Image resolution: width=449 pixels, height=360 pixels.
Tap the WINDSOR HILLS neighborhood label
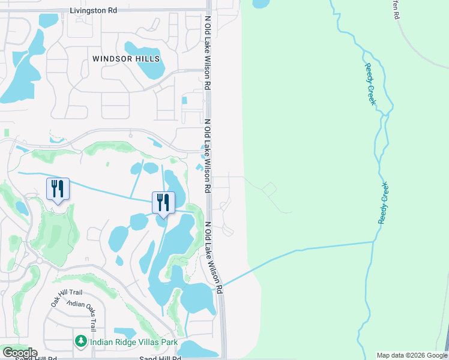(126, 59)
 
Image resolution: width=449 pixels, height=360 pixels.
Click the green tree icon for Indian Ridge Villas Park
(81, 341)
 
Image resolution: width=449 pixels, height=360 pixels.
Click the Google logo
(19, 353)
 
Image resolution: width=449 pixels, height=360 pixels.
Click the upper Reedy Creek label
(370, 84)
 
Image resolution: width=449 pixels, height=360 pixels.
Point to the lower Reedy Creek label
(384, 203)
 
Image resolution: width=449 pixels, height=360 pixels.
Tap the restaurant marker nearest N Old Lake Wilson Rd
(162, 203)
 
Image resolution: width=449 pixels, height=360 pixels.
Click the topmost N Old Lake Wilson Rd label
(207, 54)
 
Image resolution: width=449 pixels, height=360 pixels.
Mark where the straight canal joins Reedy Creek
(375, 242)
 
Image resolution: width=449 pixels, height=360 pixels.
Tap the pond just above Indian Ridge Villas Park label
(124, 332)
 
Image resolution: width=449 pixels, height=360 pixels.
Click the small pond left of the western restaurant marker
(22, 208)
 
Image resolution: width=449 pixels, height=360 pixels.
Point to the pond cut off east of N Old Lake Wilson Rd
(261, 4)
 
